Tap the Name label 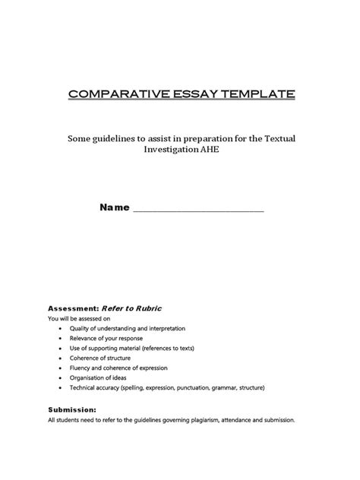coord(113,208)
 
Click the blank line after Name coord(198,210)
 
